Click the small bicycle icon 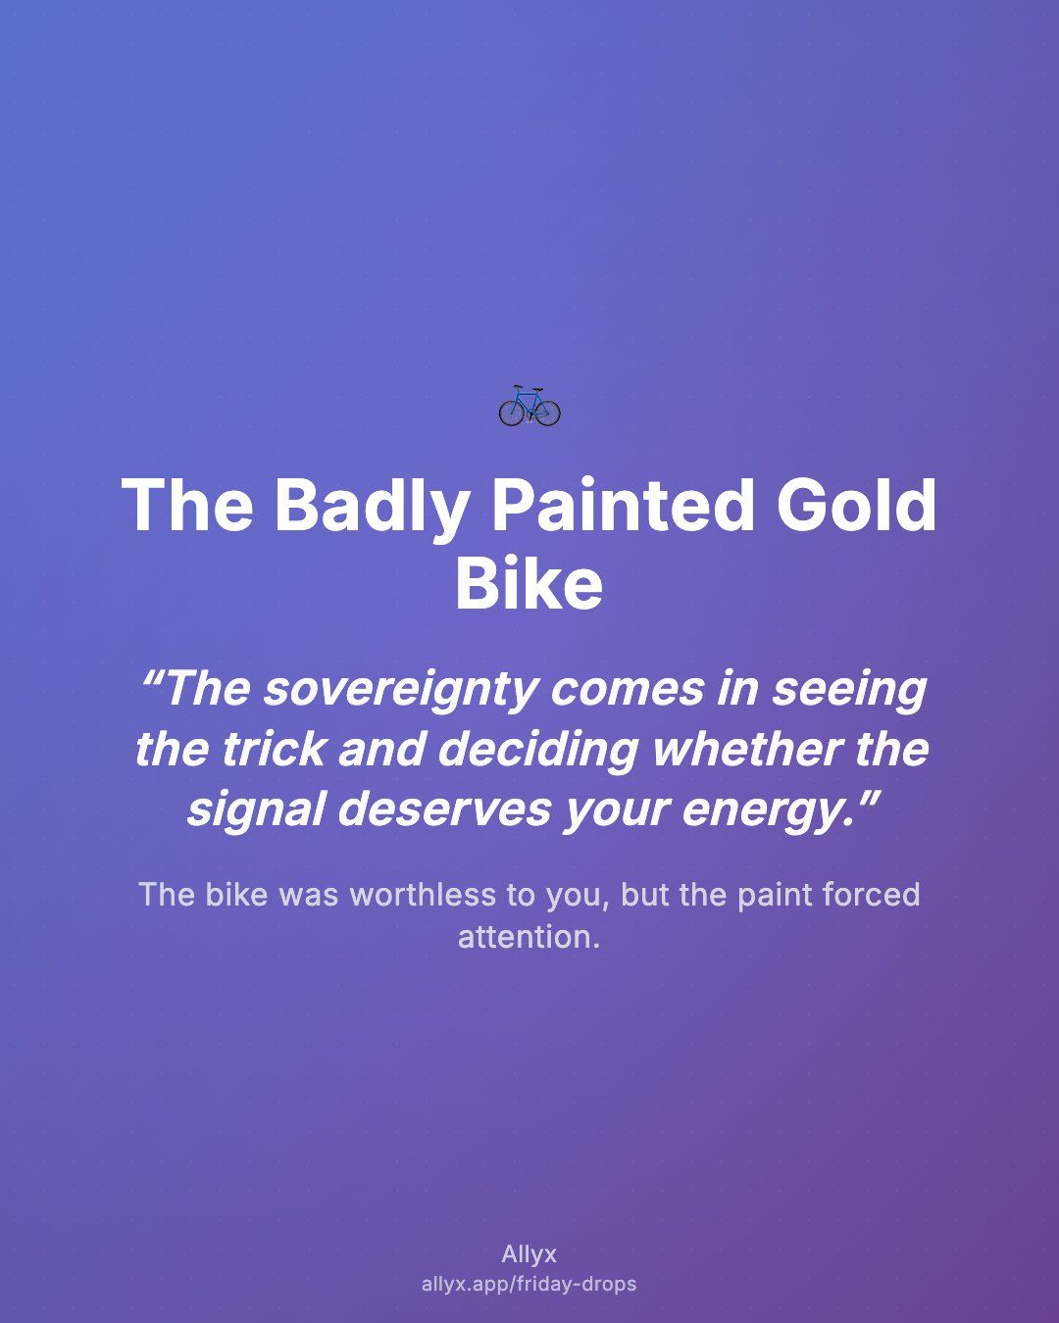tap(529, 407)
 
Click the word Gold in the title tap(857, 505)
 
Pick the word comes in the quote tap(627, 690)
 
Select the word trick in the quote tap(273, 750)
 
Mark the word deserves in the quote tap(444, 810)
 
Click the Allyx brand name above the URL tap(529, 1254)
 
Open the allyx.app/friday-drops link tap(529, 1284)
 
